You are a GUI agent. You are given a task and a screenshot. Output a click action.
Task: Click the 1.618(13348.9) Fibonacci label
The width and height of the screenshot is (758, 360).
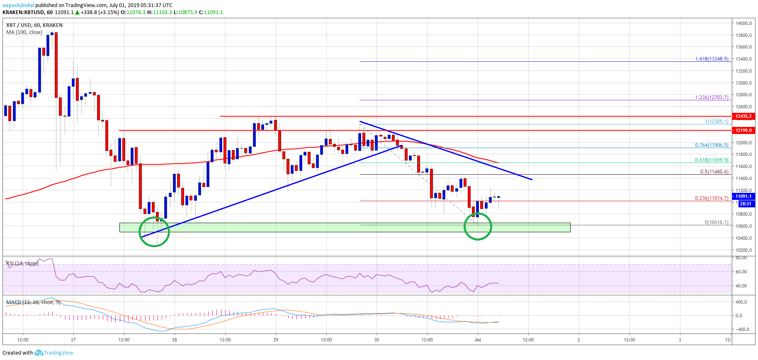click(x=712, y=59)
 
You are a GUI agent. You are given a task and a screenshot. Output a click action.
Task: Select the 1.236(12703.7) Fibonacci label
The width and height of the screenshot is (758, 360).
click(x=712, y=97)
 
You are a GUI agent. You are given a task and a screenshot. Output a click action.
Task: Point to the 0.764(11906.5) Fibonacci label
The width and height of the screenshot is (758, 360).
click(x=712, y=145)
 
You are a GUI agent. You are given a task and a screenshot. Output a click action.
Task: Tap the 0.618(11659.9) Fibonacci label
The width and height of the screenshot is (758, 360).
click(x=712, y=160)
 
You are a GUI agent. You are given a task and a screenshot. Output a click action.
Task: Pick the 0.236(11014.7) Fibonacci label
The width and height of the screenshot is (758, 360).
click(x=712, y=198)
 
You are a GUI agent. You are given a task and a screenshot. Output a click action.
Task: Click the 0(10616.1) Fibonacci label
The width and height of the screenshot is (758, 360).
click(x=716, y=222)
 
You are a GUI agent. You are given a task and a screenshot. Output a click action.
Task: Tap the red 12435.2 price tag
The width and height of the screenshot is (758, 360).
click(x=743, y=117)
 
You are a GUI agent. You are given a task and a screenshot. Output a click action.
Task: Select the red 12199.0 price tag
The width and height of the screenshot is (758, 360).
click(x=743, y=130)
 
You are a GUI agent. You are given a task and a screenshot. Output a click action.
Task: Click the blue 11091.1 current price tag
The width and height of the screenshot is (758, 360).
click(x=743, y=196)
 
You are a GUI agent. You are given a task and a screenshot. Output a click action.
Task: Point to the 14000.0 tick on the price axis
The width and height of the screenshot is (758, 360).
click(x=743, y=23)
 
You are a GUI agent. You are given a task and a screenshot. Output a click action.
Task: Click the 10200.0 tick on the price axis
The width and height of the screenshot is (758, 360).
click(x=743, y=250)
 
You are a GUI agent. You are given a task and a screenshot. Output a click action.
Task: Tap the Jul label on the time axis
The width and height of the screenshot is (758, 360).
click(x=478, y=340)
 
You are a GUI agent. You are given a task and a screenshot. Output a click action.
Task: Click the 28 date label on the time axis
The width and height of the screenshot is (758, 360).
click(x=175, y=340)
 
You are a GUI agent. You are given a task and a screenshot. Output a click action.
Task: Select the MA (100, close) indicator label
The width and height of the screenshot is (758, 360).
click(x=24, y=32)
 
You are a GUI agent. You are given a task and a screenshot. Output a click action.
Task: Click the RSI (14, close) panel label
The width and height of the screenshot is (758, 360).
click(x=22, y=263)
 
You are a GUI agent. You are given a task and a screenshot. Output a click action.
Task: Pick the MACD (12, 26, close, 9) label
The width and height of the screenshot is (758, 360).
click(x=33, y=302)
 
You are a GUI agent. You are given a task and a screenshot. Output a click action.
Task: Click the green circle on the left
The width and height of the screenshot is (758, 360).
click(x=154, y=231)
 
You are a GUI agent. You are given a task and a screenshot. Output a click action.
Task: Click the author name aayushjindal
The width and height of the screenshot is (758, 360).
click(x=18, y=5)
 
